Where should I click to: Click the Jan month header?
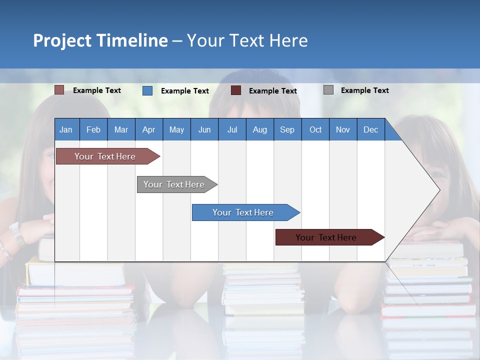[x=66, y=129]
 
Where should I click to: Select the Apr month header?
[x=148, y=129]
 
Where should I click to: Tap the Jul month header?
[x=232, y=129]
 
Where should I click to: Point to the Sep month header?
[x=287, y=129]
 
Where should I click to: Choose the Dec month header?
[x=370, y=129]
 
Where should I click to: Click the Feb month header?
[x=93, y=129]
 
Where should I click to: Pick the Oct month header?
[x=315, y=129]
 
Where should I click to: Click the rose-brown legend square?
[x=59, y=90]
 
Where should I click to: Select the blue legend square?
[x=147, y=90]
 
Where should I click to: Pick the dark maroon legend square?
[x=236, y=90]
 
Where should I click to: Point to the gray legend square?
[x=328, y=90]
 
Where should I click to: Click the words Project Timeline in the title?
[x=100, y=40]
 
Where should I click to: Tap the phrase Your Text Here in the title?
[x=247, y=40]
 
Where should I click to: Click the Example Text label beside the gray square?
[x=364, y=90]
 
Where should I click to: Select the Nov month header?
[x=343, y=129]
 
